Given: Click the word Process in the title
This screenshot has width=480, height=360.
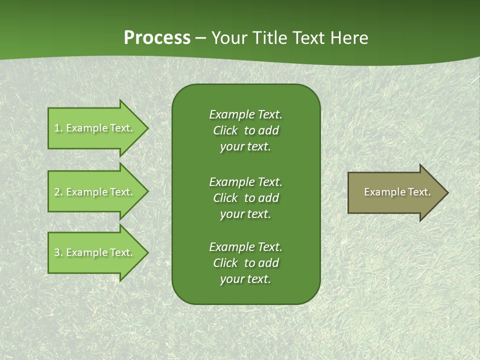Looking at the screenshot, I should [157, 38].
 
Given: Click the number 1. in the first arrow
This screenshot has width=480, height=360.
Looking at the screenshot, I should [58, 128].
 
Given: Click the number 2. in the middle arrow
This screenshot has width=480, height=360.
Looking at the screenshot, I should [58, 192].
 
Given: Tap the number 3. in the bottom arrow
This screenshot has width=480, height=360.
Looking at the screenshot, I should [58, 252].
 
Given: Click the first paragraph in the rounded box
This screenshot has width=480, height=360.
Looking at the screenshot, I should [245, 130].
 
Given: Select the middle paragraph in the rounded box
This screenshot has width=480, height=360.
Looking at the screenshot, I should [245, 198].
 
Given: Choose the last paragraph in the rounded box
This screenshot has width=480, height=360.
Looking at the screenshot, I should [245, 263].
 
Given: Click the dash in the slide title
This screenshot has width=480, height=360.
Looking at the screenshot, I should [200, 38].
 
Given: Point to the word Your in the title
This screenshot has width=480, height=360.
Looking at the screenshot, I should [227, 38].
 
